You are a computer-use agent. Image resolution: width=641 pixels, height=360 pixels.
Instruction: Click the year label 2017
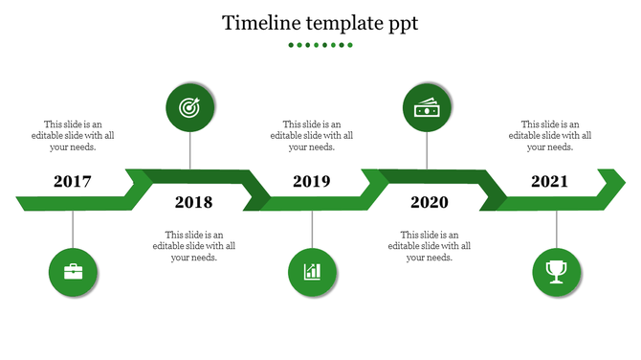(x=73, y=181)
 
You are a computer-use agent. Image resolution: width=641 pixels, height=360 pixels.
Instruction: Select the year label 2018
(x=193, y=202)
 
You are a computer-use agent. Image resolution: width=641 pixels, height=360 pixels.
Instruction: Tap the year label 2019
(x=311, y=181)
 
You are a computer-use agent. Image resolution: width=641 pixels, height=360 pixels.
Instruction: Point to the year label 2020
(x=429, y=202)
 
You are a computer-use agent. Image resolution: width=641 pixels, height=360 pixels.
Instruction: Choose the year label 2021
(x=549, y=181)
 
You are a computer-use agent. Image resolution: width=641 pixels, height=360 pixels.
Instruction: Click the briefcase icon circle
(x=73, y=272)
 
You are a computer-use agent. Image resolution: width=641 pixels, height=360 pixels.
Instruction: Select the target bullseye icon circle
(x=189, y=108)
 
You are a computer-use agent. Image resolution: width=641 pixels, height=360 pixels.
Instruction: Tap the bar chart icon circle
(x=312, y=272)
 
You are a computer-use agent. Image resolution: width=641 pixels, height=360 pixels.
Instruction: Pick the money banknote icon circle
(x=427, y=108)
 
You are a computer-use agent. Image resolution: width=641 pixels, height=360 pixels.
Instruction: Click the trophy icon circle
(x=556, y=272)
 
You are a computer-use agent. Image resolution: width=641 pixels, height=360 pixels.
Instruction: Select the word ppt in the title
(x=401, y=24)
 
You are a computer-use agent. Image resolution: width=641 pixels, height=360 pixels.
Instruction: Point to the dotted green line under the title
(x=320, y=45)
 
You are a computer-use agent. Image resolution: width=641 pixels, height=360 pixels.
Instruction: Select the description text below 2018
(x=193, y=245)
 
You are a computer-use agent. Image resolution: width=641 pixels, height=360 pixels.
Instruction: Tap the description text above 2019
(x=311, y=135)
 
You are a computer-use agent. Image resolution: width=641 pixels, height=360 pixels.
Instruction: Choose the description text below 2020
(x=430, y=245)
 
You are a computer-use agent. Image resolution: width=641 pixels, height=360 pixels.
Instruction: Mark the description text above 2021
(x=549, y=135)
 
